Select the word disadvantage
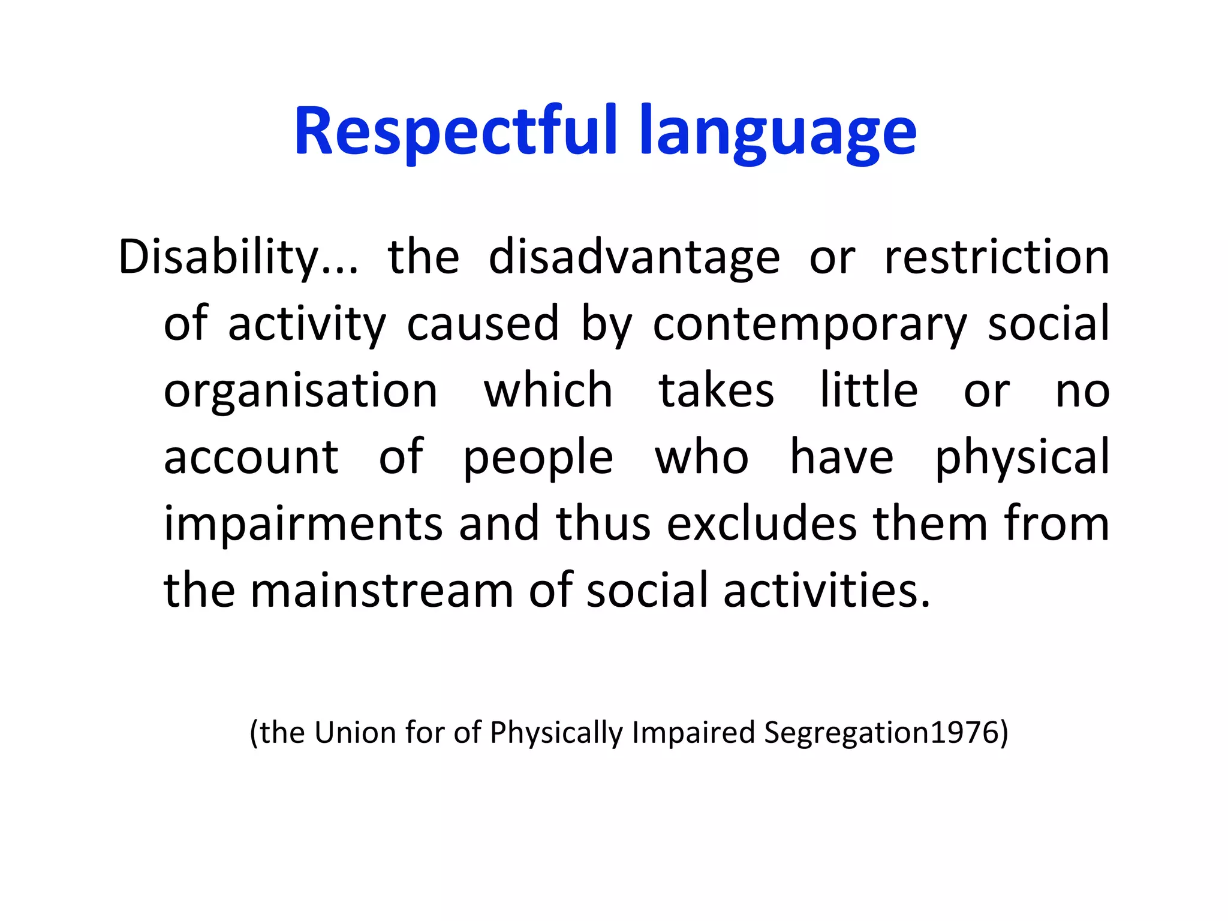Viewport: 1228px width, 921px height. [x=634, y=258]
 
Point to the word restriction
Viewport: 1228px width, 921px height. [x=996, y=258]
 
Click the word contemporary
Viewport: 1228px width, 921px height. [x=809, y=324]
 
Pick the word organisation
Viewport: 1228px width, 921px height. [x=300, y=391]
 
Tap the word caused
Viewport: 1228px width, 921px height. [x=483, y=324]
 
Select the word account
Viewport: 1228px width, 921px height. [x=251, y=458]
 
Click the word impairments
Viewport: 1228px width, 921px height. [x=303, y=525]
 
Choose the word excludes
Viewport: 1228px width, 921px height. [x=762, y=524]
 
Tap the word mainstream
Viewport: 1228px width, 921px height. [x=381, y=591]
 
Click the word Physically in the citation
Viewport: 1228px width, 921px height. [x=556, y=733]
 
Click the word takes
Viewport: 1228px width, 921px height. [x=716, y=391]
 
